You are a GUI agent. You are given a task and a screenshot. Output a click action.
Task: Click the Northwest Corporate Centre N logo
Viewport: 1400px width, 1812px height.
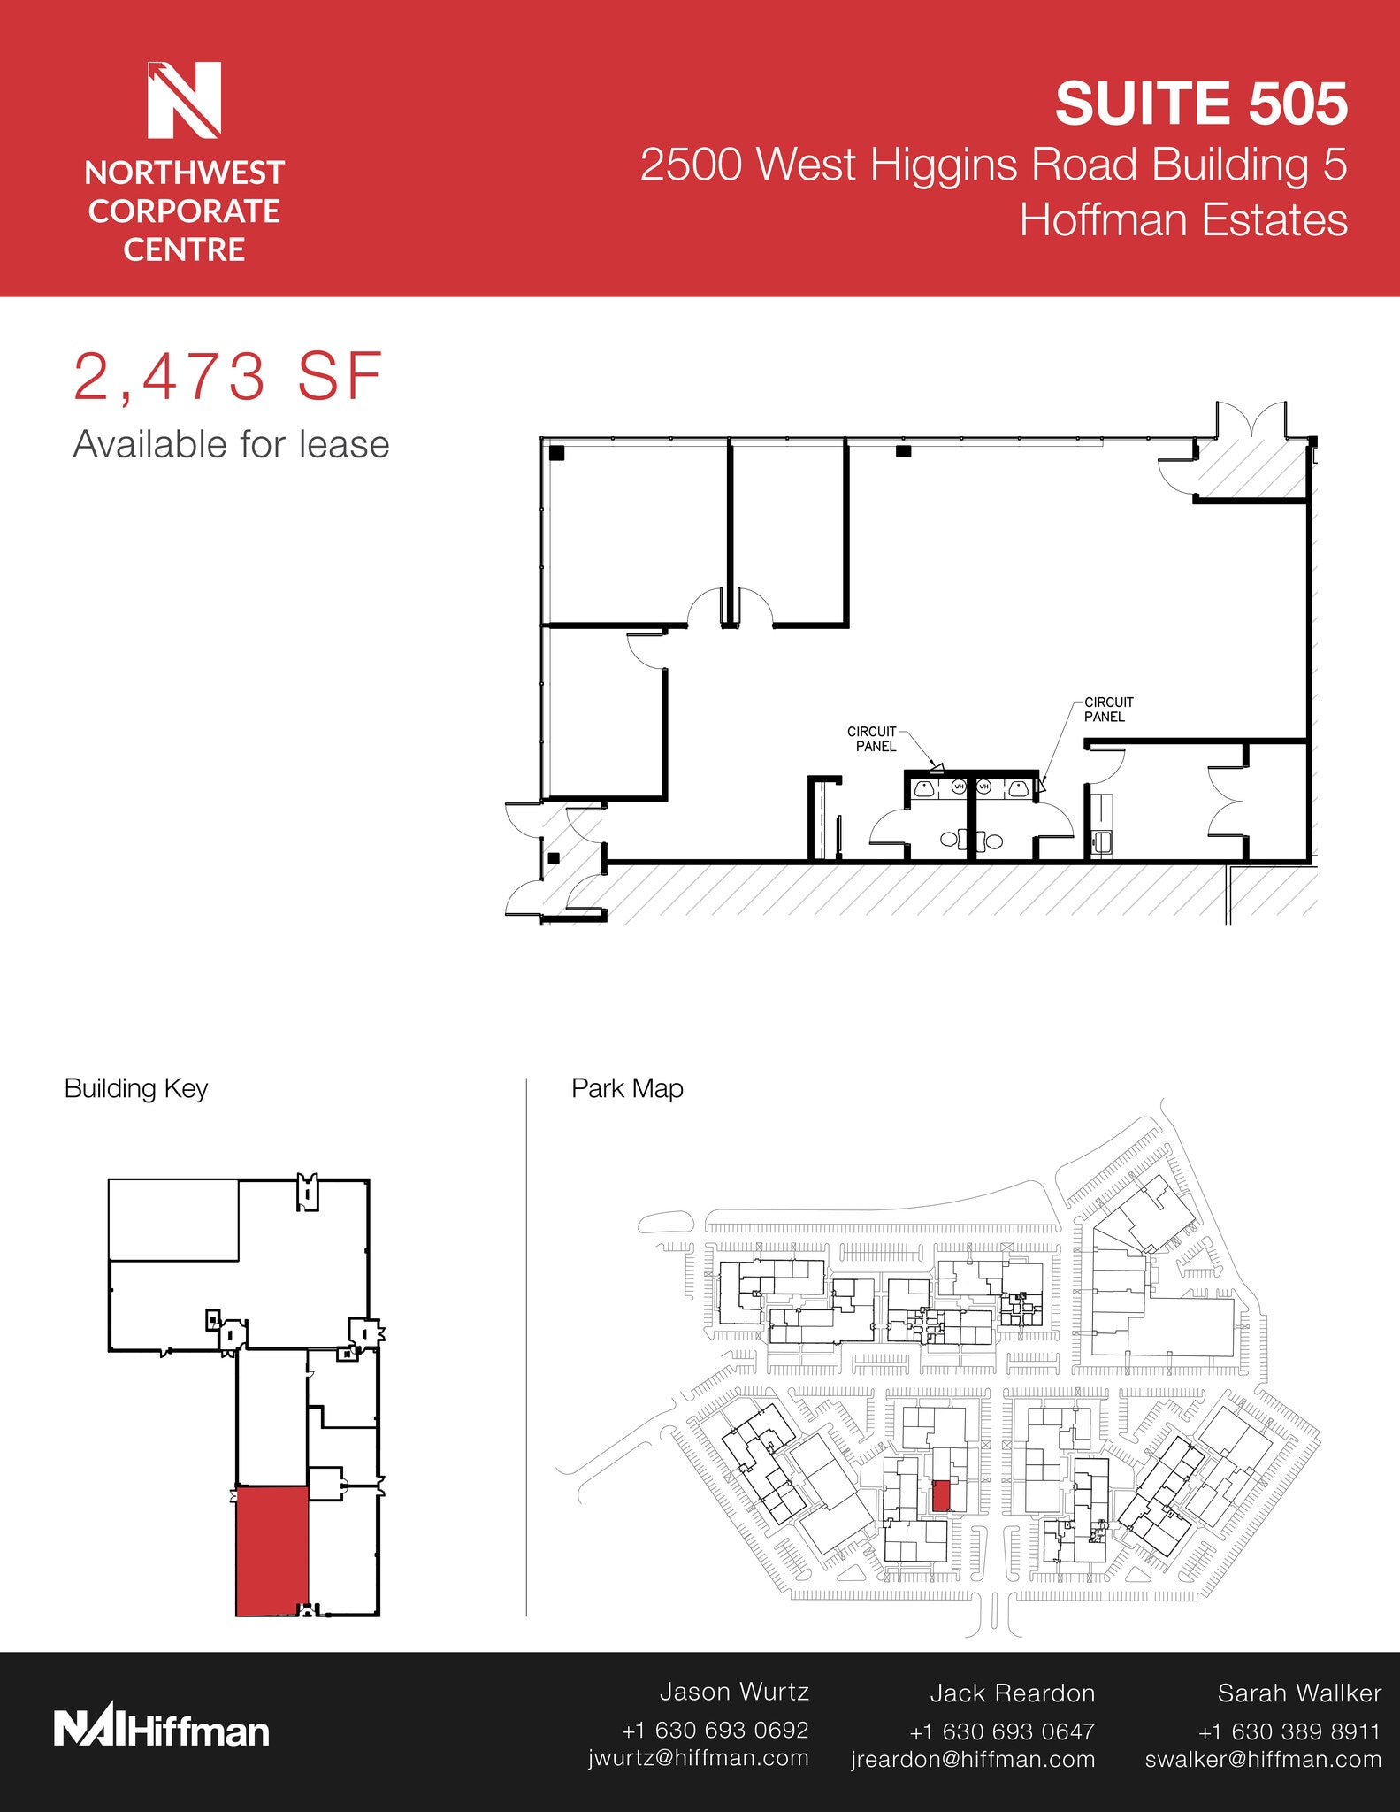pos(184,100)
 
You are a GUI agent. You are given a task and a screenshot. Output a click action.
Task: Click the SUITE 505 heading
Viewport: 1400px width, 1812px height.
pos(1201,104)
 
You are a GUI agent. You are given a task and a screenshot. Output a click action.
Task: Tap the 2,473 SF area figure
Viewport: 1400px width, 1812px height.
pos(227,377)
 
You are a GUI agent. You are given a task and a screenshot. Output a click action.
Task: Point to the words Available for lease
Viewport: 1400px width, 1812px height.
pos(231,444)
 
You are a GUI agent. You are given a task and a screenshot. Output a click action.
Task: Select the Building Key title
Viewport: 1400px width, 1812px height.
pos(136,1089)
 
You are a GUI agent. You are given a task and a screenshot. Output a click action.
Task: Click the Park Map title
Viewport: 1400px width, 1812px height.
pos(627,1088)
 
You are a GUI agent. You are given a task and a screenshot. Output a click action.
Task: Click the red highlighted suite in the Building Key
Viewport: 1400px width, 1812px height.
pos(272,1551)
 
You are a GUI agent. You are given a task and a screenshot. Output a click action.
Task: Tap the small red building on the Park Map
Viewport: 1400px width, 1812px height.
pos(941,1495)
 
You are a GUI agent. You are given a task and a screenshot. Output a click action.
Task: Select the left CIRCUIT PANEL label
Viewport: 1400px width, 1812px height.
pos(873,739)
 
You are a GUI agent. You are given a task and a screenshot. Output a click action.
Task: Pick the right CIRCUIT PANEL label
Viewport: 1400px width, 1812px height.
pos(1108,710)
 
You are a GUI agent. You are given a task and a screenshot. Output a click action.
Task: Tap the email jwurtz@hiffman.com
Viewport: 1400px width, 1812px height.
pos(699,1758)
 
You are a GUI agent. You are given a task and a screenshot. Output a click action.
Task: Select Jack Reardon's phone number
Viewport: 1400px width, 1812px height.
pos(1002,1731)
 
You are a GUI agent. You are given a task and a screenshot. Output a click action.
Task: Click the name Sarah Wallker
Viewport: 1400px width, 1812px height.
pos(1299,1693)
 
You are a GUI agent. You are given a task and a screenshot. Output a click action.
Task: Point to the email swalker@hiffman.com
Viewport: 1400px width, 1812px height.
pos(1263,1760)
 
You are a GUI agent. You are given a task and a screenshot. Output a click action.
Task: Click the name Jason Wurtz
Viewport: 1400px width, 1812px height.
pos(734,1692)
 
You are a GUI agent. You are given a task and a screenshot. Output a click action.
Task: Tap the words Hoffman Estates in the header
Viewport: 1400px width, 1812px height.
pos(1183,220)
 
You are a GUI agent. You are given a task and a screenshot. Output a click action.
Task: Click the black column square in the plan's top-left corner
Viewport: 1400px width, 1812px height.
pos(556,453)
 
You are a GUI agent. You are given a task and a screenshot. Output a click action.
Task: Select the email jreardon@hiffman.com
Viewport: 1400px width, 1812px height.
pos(973,1760)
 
